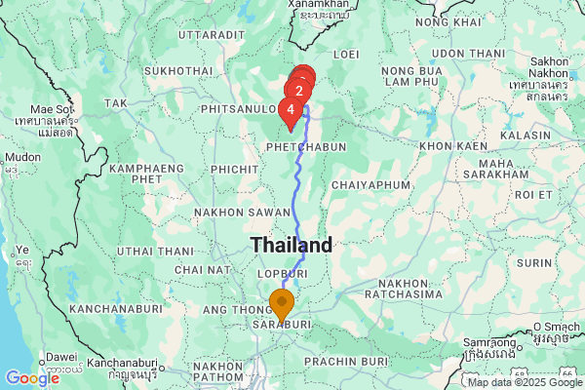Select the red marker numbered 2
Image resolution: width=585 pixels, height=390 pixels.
click(x=299, y=92)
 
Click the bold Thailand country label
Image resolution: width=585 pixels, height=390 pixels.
click(x=292, y=244)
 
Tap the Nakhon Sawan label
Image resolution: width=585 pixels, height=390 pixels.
click(x=229, y=212)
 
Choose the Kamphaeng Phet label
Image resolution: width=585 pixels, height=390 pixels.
click(x=146, y=174)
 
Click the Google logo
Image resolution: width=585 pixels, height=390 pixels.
click(x=31, y=377)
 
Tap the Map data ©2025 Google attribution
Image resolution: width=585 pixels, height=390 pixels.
click(x=522, y=381)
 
